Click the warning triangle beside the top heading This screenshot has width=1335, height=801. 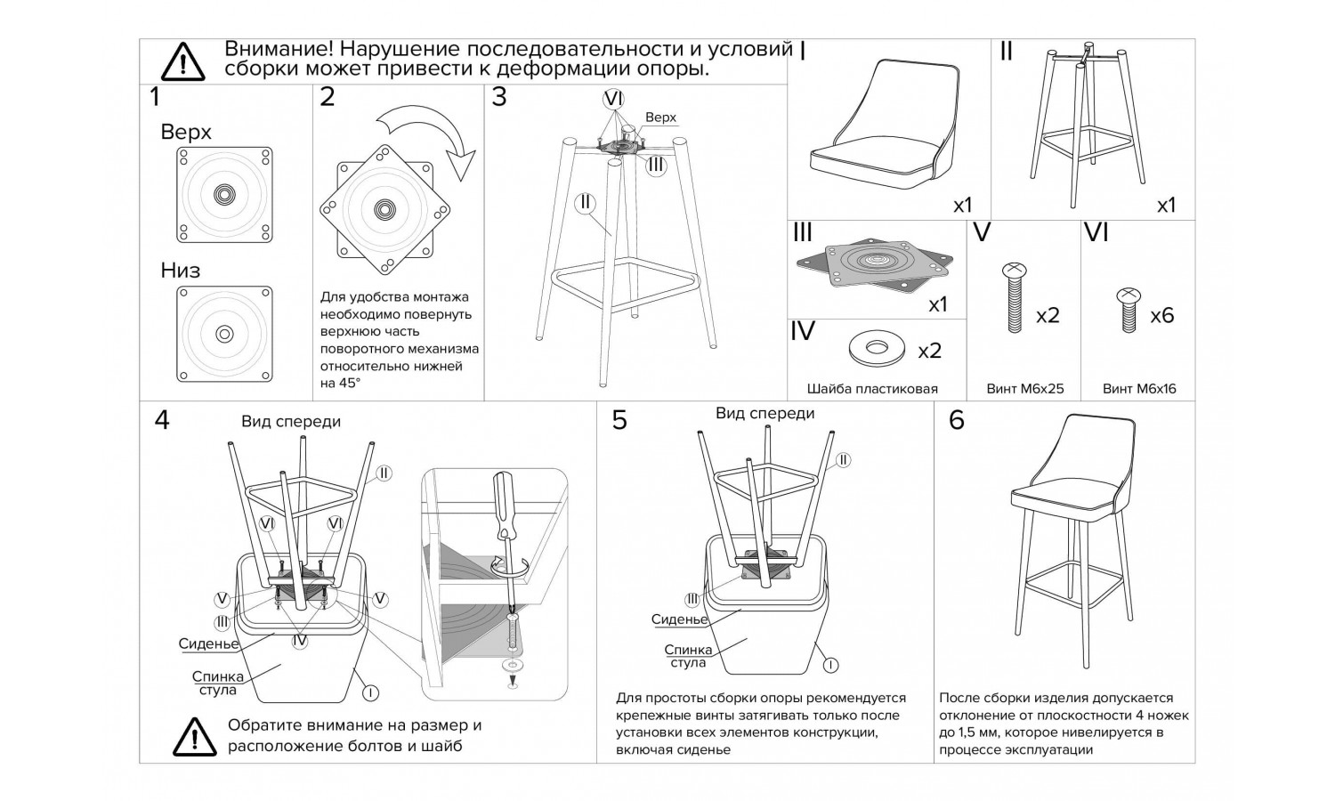182,61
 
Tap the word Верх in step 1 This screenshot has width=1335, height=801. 186,132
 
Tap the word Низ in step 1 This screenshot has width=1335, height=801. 181,270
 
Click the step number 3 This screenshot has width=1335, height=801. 499,97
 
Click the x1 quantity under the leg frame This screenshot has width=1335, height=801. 1166,205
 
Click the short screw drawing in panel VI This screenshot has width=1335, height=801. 1128,309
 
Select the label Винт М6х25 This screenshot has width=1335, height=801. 1025,389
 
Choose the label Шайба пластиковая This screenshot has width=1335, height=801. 872,389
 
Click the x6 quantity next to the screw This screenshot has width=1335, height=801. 1161,315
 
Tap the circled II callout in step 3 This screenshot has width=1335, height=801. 585,202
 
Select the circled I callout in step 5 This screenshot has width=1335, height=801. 829,664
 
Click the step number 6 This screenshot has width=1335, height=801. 957,419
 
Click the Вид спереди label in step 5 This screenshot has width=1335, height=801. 765,413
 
